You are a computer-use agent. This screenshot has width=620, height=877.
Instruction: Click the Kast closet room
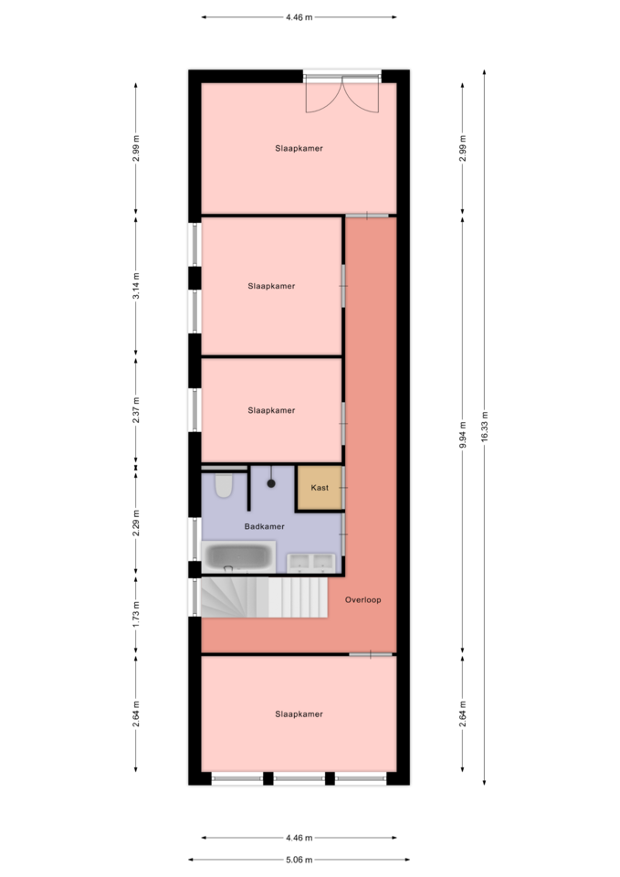click(320, 488)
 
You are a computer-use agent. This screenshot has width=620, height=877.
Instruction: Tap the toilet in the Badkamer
click(224, 485)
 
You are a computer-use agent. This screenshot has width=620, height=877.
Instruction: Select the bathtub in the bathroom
click(238, 556)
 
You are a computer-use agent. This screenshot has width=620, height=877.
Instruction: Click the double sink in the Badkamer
click(311, 563)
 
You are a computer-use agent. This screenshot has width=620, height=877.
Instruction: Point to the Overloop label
click(363, 599)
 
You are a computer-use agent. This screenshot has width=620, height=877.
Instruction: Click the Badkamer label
click(265, 526)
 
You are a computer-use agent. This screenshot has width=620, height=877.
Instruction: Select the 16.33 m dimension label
click(484, 427)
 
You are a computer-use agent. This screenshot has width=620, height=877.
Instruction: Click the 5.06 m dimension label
click(299, 860)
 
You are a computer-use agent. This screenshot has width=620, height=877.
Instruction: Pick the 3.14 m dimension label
click(136, 286)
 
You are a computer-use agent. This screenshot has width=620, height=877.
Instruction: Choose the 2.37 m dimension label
click(136, 410)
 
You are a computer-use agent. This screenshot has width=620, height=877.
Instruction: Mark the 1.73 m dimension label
click(136, 614)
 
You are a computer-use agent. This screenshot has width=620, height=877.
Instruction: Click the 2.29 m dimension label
click(136, 523)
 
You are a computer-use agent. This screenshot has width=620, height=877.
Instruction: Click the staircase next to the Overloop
click(264, 597)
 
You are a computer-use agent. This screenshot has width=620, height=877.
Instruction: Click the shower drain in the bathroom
click(271, 483)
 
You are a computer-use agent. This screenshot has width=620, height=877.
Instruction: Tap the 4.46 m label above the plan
click(299, 17)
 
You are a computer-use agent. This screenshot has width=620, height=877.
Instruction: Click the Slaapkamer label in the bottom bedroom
click(299, 714)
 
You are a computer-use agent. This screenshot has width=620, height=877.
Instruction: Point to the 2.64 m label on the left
click(136, 714)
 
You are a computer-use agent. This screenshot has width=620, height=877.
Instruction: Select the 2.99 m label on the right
click(462, 148)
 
